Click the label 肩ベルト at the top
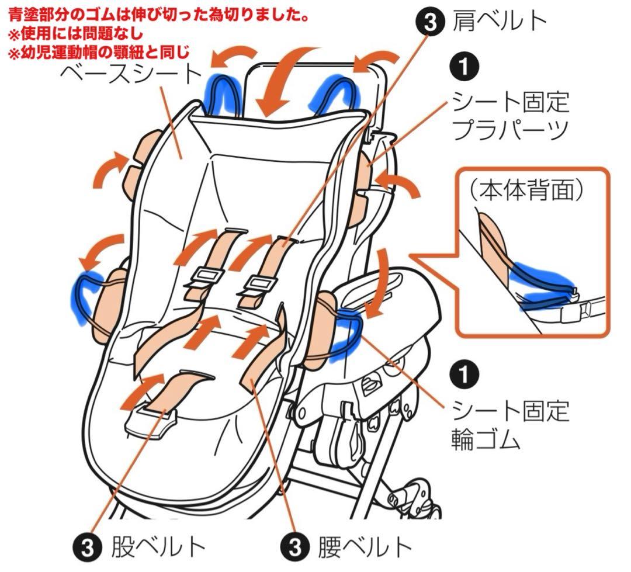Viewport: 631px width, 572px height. tap(500, 21)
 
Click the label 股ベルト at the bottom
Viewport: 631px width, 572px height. tap(158, 547)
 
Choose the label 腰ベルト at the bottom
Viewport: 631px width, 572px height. tap(365, 547)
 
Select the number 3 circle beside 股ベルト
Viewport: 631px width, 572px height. tap(86, 547)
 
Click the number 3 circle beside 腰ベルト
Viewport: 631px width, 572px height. tap(294, 547)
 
